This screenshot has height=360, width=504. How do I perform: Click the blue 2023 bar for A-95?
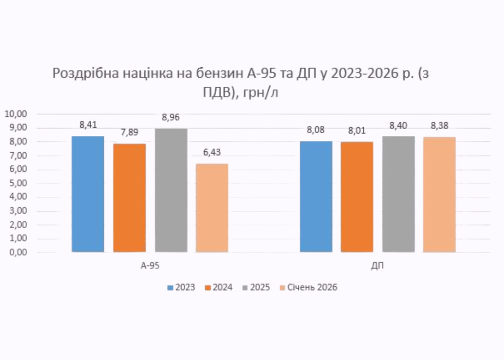point(88,194)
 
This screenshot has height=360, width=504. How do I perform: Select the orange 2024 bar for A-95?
point(129,197)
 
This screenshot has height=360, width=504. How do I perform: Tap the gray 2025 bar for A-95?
point(171,190)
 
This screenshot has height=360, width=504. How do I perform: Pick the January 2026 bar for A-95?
point(212,208)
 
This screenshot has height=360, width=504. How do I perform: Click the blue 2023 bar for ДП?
point(316,196)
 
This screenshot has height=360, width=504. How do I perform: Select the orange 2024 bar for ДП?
point(357,197)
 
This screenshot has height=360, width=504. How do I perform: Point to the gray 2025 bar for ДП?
point(398,194)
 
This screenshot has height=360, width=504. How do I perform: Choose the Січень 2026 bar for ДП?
point(439,195)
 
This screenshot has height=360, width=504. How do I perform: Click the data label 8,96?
point(171,118)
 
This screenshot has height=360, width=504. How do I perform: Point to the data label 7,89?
point(129,132)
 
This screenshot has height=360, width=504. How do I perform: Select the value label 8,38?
point(440,126)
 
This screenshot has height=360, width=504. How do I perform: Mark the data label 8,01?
point(357,131)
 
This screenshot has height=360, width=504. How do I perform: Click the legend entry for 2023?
point(181,288)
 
